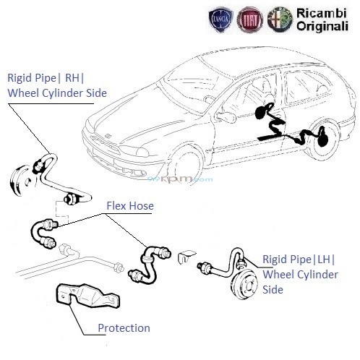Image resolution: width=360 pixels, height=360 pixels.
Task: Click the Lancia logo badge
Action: point(217,20)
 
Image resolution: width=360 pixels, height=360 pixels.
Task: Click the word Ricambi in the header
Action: point(318,13)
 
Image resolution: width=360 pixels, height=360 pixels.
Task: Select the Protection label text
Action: point(124,327)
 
